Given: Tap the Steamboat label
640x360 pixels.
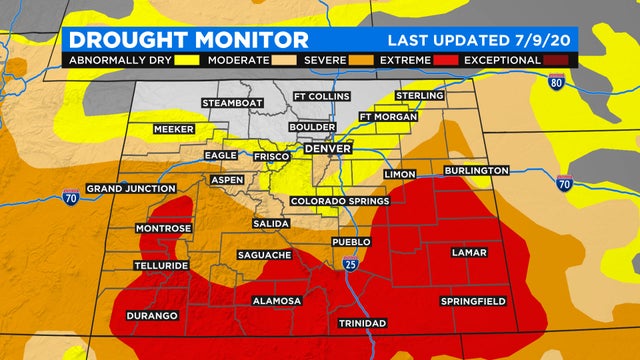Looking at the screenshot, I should (233, 103).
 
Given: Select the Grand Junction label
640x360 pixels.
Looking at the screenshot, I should (126, 188).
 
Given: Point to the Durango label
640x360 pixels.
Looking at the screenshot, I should (152, 316).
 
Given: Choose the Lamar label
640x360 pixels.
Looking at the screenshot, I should (469, 252).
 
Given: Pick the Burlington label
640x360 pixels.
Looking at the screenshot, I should (478, 171).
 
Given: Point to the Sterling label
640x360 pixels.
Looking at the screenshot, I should (419, 96).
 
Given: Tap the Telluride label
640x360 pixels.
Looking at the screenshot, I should (161, 266).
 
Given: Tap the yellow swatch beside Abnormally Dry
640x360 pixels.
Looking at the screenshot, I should (188, 61).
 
